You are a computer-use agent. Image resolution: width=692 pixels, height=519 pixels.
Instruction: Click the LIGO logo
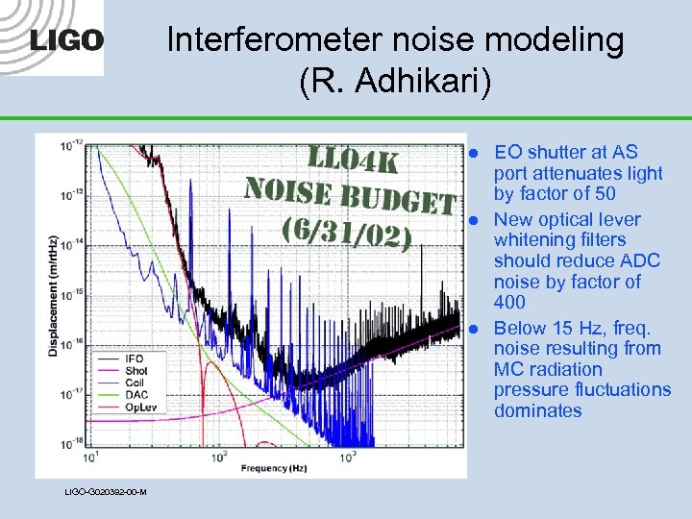(x=65, y=41)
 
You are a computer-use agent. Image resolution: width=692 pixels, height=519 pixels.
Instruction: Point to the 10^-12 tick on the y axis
(x=70, y=146)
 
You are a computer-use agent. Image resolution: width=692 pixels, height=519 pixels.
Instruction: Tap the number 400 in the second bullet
(x=509, y=303)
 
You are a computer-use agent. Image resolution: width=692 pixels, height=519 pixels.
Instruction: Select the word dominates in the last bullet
(x=537, y=410)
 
